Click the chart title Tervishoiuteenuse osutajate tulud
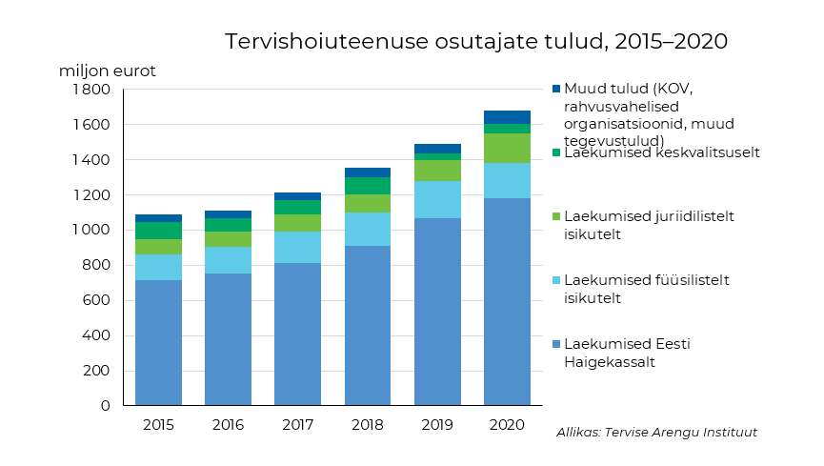[x=476, y=42]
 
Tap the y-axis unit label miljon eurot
[x=107, y=71]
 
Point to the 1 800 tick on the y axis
[x=91, y=90]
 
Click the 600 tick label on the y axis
[x=98, y=300]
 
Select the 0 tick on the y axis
[x=105, y=406]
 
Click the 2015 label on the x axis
[x=158, y=425]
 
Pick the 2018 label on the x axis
[x=368, y=425]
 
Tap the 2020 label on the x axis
[x=507, y=425]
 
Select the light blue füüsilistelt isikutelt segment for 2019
[x=437, y=199]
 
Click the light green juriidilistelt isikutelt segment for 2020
[x=507, y=148]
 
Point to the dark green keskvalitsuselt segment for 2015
[x=158, y=231]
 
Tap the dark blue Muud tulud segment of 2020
[x=507, y=117]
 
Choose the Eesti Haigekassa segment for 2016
[x=228, y=338]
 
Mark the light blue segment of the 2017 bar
[x=297, y=247]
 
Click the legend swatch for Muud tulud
[x=556, y=89]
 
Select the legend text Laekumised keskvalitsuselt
[x=661, y=152]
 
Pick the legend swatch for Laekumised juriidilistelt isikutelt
[x=556, y=216]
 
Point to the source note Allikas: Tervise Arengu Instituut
[x=656, y=433]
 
